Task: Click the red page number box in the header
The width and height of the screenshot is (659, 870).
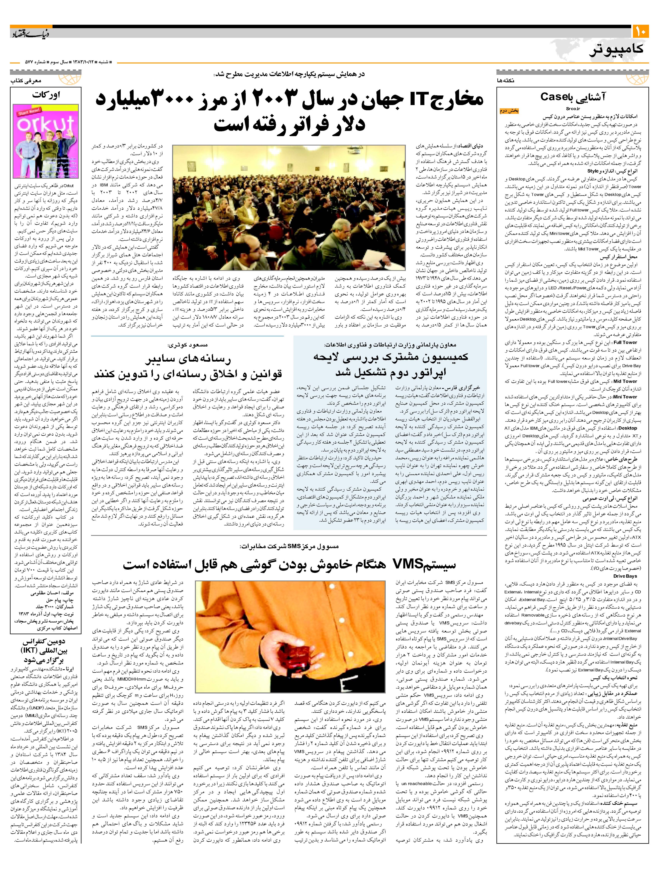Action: pyautogui.click(x=640, y=31)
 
